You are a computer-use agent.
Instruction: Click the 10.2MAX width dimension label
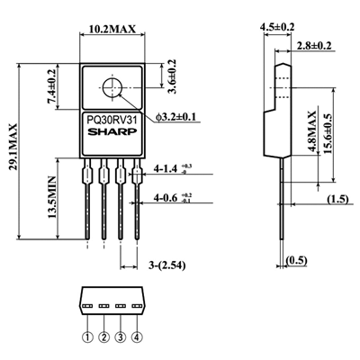[113, 30]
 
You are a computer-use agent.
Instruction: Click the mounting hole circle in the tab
[113, 89]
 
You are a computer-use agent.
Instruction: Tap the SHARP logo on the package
[112, 130]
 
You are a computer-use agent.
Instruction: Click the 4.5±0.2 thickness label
[279, 28]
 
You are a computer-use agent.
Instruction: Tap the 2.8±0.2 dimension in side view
[314, 45]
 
